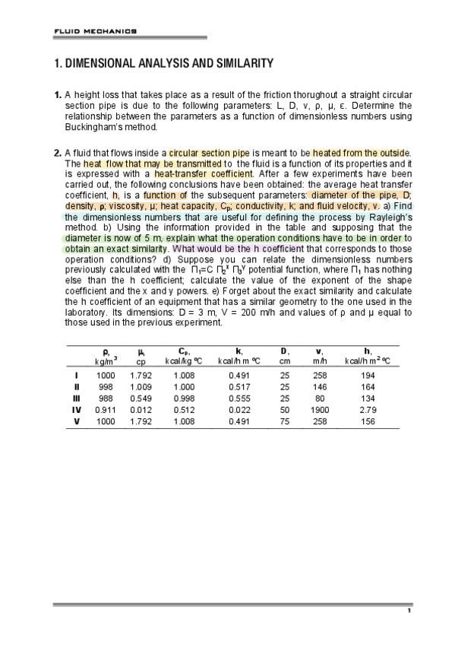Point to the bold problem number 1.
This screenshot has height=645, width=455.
tap(58, 95)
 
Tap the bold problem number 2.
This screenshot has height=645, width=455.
tap(58, 153)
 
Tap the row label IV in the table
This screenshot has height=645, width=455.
tap(76, 409)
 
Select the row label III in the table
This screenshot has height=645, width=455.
tap(76, 398)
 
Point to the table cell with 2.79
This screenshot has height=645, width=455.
tap(368, 409)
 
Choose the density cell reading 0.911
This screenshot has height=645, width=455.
tap(106, 409)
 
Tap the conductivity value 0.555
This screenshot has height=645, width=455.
tap(239, 398)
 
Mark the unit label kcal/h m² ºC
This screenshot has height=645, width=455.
tap(368, 361)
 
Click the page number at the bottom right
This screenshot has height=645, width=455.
tap(409, 611)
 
